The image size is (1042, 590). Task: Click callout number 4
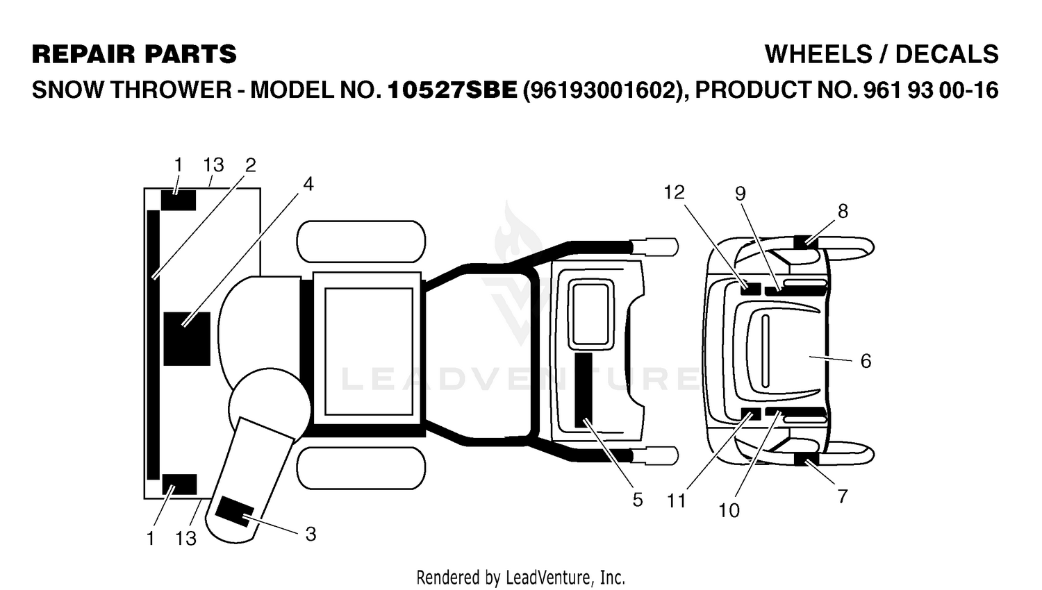pyautogui.click(x=308, y=185)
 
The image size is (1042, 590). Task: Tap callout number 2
pyautogui.click(x=250, y=165)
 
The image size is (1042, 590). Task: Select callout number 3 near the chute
pyautogui.click(x=311, y=534)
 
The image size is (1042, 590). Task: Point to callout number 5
pyautogui.click(x=637, y=500)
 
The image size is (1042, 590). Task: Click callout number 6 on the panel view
pyautogui.click(x=866, y=361)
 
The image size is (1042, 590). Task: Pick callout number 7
pyautogui.click(x=843, y=496)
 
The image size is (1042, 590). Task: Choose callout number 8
pyautogui.click(x=843, y=212)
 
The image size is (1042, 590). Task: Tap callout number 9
pyautogui.click(x=740, y=194)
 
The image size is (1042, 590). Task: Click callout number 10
pyautogui.click(x=729, y=510)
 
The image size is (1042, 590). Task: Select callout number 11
pyautogui.click(x=677, y=500)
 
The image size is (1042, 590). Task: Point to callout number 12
pyautogui.click(x=675, y=192)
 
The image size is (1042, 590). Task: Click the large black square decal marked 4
pyautogui.click(x=187, y=339)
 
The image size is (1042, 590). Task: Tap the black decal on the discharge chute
pyautogui.click(x=235, y=512)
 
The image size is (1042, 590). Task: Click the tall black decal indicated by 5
pyautogui.click(x=584, y=389)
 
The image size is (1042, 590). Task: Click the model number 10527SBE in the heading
pyautogui.click(x=452, y=90)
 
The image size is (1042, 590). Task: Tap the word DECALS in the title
pyautogui.click(x=947, y=54)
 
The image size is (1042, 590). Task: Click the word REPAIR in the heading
pyautogui.click(x=84, y=54)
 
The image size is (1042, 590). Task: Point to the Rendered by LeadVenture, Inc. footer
pyautogui.click(x=520, y=578)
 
